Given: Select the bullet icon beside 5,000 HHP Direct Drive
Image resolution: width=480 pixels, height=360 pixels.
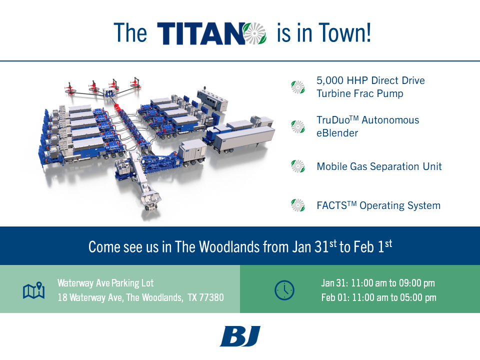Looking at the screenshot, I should coord(298,87).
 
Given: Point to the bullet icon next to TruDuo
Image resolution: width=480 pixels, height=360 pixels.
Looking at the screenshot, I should coord(298,126).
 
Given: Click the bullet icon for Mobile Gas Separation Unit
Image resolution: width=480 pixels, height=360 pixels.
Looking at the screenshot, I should coord(298,166).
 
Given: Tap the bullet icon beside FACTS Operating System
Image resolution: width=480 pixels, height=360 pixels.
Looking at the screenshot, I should coord(298,205).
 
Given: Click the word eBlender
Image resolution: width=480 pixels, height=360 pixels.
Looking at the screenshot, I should coord(338,133).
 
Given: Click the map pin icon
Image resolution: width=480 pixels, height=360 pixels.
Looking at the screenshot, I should coord(34,290).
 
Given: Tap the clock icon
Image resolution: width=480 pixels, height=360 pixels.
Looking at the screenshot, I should coord(284,290).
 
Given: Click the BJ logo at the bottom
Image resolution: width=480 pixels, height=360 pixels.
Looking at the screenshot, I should coord(240,336).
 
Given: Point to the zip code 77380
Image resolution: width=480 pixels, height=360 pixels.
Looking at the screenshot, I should coord(212,297).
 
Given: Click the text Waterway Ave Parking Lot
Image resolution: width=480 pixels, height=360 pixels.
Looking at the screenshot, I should coord(105,283).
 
